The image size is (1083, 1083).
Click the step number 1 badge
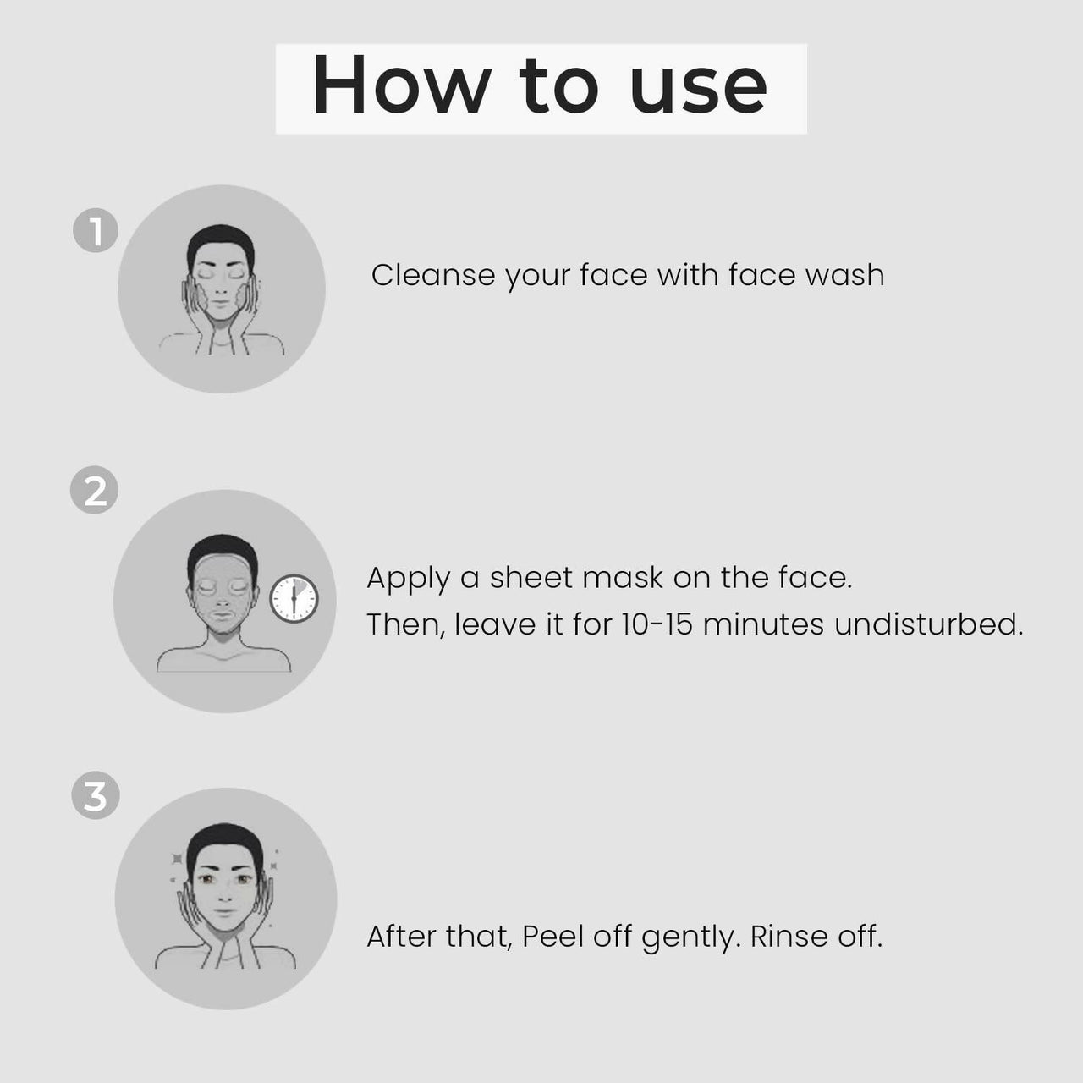[x=96, y=231]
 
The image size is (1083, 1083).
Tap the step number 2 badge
[x=95, y=491]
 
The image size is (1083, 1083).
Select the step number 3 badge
[x=95, y=796]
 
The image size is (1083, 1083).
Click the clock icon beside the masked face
[x=294, y=599]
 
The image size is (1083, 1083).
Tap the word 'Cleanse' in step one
[x=432, y=275]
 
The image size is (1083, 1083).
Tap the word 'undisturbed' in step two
[x=928, y=624]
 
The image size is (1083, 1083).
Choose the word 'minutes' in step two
[x=763, y=624]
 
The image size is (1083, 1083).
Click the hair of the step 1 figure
[x=220, y=238]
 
